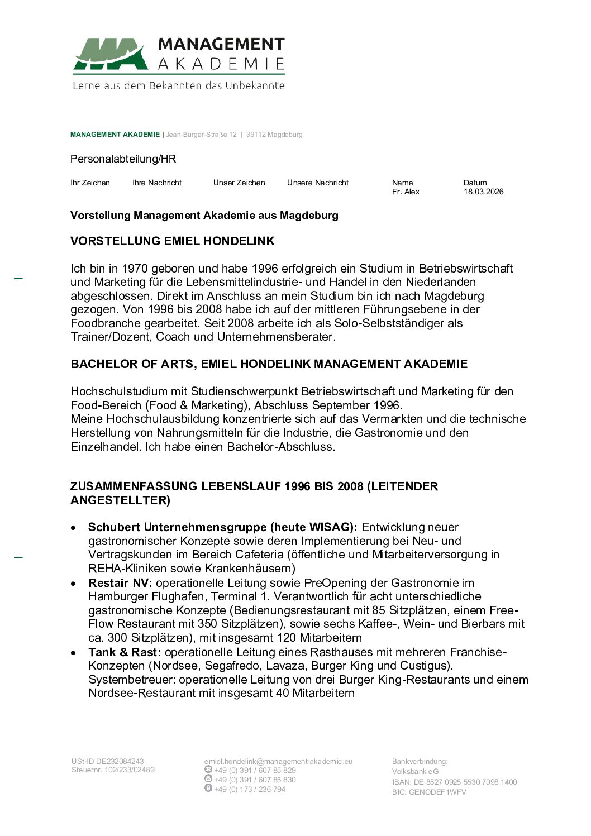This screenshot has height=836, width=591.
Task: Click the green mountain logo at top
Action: (x=111, y=54)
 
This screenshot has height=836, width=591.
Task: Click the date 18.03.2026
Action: (x=483, y=192)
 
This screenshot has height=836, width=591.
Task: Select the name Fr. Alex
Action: (x=406, y=192)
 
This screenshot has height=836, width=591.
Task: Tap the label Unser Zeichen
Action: (x=239, y=183)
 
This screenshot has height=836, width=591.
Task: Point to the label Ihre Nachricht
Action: (x=157, y=183)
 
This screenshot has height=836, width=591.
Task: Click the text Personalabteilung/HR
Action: (x=123, y=159)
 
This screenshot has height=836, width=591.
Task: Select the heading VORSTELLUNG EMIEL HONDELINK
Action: (x=172, y=241)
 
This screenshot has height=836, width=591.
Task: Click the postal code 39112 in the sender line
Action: (x=256, y=135)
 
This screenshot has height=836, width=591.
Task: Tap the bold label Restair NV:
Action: (x=120, y=583)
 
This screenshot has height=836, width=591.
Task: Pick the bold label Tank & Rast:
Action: (x=125, y=652)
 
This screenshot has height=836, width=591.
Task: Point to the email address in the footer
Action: (x=278, y=761)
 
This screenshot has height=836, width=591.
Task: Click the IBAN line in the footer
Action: (x=454, y=782)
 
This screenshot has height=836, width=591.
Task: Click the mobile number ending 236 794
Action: (x=249, y=789)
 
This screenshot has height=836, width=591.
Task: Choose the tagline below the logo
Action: (x=178, y=85)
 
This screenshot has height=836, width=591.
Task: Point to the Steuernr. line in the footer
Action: (x=113, y=770)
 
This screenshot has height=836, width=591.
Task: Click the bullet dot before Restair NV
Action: (x=74, y=584)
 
